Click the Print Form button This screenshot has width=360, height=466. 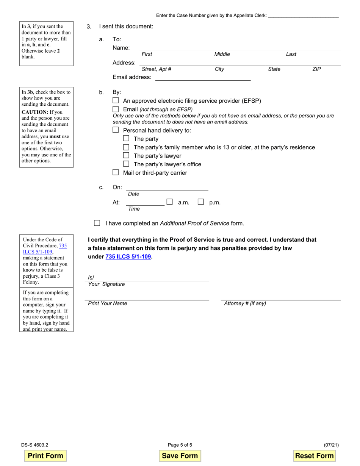45,456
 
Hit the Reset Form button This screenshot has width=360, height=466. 314,456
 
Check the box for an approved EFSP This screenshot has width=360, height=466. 116,101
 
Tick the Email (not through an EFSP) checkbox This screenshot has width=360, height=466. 116,109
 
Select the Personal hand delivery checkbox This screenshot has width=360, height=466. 116,130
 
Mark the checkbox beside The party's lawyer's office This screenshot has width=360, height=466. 126,164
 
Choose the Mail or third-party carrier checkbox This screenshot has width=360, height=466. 116,172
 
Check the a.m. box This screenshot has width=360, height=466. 170,202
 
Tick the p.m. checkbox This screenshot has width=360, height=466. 201,202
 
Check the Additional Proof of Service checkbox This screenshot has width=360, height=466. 97,223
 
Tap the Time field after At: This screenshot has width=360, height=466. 146,202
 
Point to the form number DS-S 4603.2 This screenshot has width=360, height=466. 34,445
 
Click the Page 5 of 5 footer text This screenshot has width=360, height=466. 180,445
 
